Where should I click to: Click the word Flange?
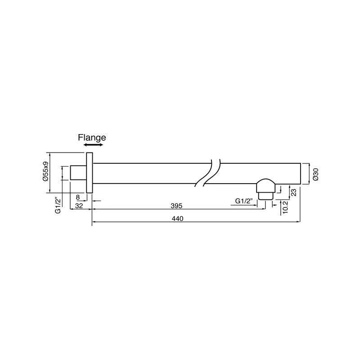point(92,138)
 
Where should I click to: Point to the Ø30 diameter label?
point(315,174)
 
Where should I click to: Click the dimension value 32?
point(79,206)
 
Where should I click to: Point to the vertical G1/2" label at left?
point(58,205)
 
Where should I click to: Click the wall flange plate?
point(89,173)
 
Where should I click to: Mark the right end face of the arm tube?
point(300,173)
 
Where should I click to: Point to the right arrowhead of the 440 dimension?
point(298,222)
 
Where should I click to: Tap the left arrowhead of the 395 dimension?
point(94,209)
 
